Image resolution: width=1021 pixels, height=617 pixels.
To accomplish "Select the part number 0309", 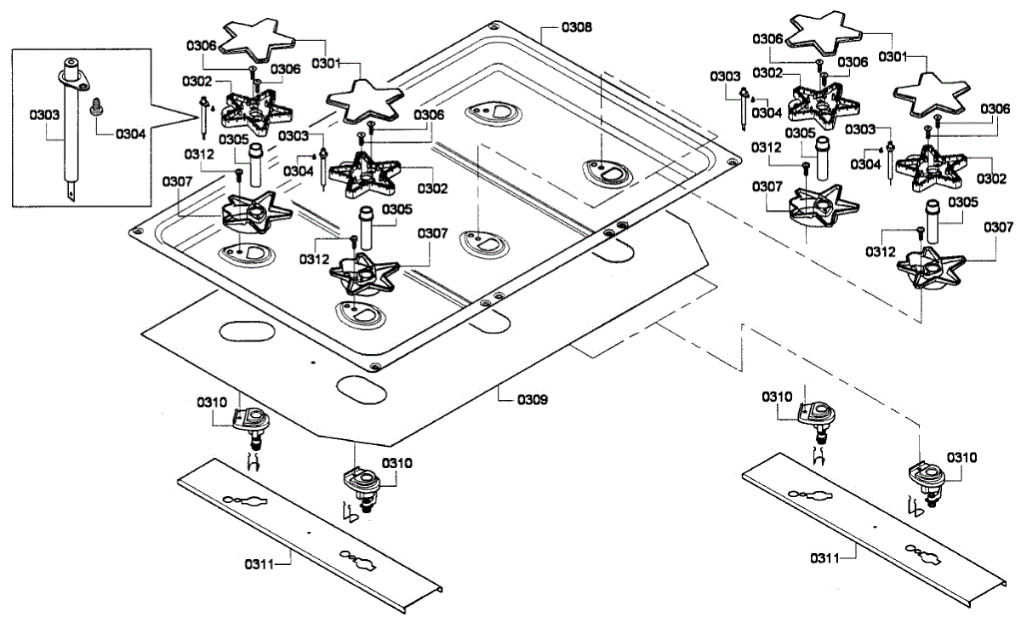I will (533, 398).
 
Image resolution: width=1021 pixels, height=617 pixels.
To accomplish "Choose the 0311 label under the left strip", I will (260, 563).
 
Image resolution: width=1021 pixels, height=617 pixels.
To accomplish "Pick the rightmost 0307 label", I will (998, 227).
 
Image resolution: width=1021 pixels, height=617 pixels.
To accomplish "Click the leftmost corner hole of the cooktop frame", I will (134, 231).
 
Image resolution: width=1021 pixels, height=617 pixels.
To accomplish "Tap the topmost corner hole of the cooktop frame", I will (494, 26).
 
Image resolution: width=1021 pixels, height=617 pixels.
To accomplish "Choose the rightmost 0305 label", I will (962, 202).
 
